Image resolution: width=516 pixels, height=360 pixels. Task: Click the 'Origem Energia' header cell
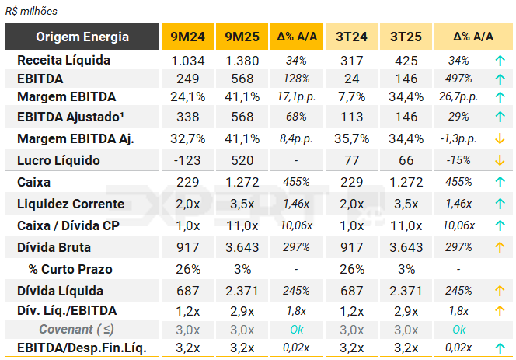coord(82,37)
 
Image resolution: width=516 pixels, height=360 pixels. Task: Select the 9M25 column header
coord(242,37)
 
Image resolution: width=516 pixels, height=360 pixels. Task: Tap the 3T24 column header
coord(351,37)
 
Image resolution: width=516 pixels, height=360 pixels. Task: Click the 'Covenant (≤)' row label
coord(77,329)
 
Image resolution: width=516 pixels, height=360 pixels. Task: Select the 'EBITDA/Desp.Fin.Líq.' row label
coord(81,348)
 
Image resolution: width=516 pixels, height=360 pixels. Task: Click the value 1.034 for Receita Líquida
coord(187,60)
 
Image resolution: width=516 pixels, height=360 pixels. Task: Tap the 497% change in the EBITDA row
coord(459,79)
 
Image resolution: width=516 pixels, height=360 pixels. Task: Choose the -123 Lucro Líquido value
coord(187,161)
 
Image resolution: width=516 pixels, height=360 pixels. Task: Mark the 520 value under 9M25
coord(242,161)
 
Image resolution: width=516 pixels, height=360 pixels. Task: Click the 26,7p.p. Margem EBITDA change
coord(459,97)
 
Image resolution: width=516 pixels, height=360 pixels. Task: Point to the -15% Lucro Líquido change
coord(459,161)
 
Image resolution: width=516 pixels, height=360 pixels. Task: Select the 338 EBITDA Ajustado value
coord(187,117)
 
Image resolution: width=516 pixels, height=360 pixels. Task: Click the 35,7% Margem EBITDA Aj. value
coord(351,139)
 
